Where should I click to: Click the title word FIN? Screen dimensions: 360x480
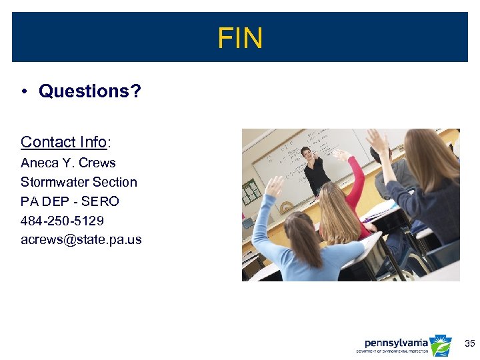[240, 38]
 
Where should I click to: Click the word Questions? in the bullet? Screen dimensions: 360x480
[90, 91]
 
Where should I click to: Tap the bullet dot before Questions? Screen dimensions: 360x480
[23, 91]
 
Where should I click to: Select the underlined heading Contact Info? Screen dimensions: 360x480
[63, 142]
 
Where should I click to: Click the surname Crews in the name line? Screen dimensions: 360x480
[97, 163]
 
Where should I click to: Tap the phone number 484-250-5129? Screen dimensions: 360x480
[62, 221]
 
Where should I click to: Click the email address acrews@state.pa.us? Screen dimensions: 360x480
[81, 239]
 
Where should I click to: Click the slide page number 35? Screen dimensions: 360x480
[469, 344]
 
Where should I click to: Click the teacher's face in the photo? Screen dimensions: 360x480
[308, 155]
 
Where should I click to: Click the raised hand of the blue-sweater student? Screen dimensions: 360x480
[274, 186]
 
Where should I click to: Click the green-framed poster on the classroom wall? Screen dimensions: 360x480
[251, 191]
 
